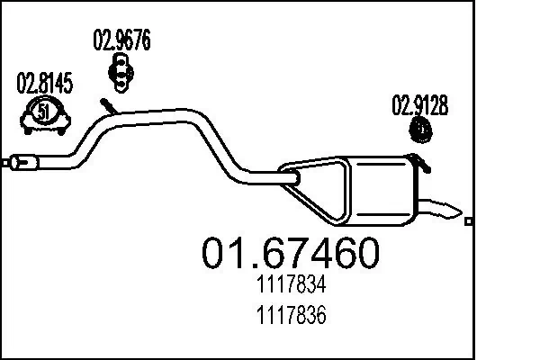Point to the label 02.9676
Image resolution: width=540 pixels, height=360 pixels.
click(x=121, y=40)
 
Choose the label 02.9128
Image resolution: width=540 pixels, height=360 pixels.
click(x=418, y=106)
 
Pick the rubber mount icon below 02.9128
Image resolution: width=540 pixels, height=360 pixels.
click(x=420, y=131)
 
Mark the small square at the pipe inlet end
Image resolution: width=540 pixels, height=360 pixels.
click(x=4, y=164)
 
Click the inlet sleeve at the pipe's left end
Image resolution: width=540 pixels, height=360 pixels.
click(x=23, y=163)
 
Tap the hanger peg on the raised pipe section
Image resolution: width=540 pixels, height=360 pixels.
click(x=107, y=105)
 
